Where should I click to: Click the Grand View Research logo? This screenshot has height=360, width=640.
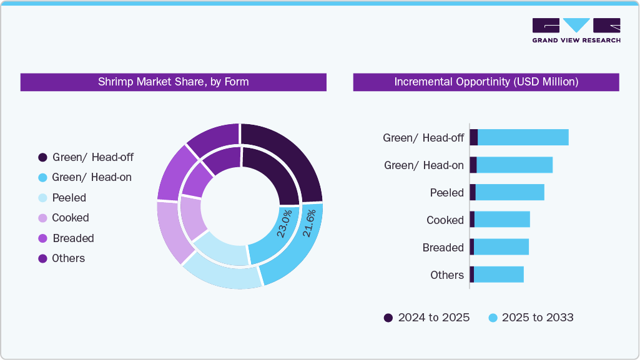point(576,30)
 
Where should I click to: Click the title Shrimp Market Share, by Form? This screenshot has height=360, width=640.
point(173,82)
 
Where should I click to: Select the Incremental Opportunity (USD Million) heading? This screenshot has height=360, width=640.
point(486,82)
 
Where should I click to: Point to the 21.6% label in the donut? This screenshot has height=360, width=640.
point(308,223)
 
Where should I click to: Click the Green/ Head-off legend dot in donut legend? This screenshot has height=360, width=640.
point(42,157)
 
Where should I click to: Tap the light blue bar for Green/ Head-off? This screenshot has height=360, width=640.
point(523,137)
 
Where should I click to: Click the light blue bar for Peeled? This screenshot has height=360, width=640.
point(510,192)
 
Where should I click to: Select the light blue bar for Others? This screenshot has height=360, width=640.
point(498,275)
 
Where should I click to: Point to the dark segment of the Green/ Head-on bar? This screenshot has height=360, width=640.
point(473,165)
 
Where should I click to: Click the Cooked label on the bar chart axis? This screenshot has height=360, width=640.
point(445,220)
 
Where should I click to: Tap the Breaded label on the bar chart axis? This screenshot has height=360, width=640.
point(443,248)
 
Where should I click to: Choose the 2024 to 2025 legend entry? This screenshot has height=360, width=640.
point(427,318)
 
